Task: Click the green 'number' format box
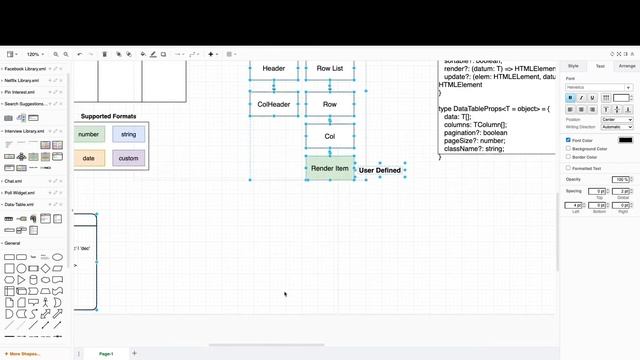(x=89, y=134)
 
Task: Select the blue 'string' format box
(x=128, y=134)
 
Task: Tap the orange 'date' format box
(x=89, y=158)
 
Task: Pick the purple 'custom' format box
(x=128, y=158)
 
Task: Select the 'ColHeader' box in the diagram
(x=274, y=104)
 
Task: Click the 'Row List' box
(x=330, y=69)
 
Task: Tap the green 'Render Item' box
(x=330, y=168)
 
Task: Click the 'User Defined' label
(x=380, y=170)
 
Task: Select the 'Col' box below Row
(x=330, y=136)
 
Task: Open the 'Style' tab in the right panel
(x=573, y=66)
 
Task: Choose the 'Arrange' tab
(x=626, y=66)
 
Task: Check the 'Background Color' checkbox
(x=568, y=148)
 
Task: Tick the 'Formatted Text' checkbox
(x=568, y=168)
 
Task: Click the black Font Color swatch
(x=625, y=140)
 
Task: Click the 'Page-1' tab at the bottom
(x=106, y=353)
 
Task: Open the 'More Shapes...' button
(x=23, y=354)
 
